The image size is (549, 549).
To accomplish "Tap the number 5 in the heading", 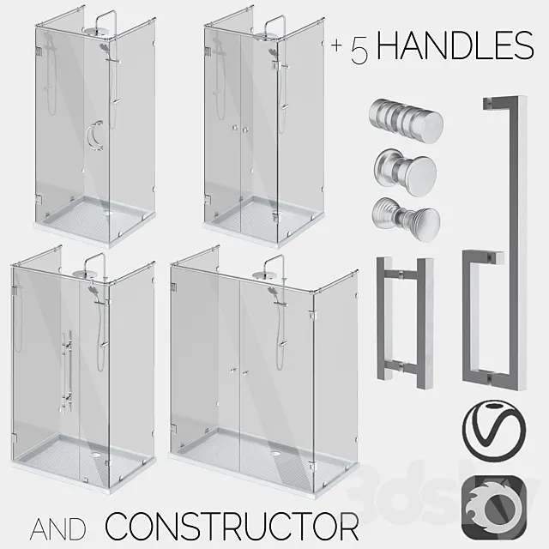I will pyautogui.click(x=359, y=50).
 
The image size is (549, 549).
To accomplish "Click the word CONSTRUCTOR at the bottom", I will pyautogui.click(x=232, y=522).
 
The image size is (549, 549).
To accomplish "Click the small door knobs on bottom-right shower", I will pyautogui.click(x=239, y=371).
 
